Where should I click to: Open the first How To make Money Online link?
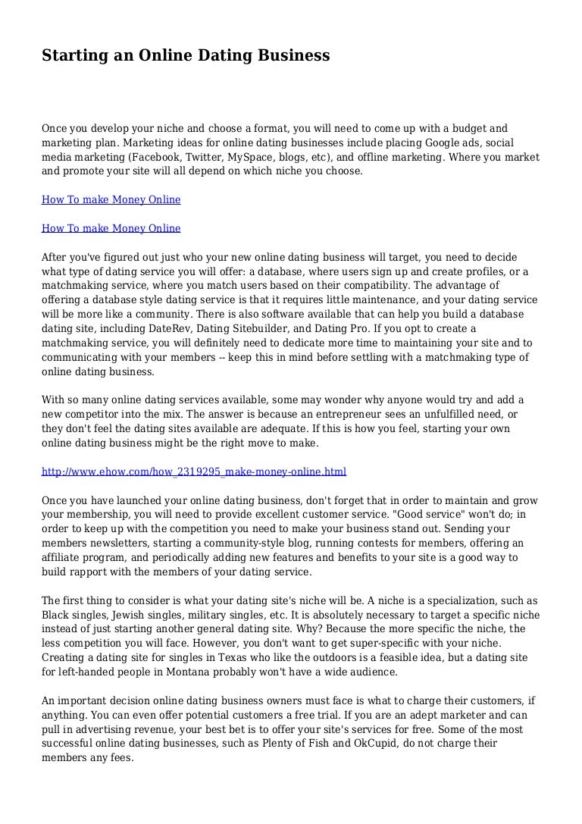click(111, 200)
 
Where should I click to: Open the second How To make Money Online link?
click(111, 228)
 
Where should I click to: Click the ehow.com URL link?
click(194, 472)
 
